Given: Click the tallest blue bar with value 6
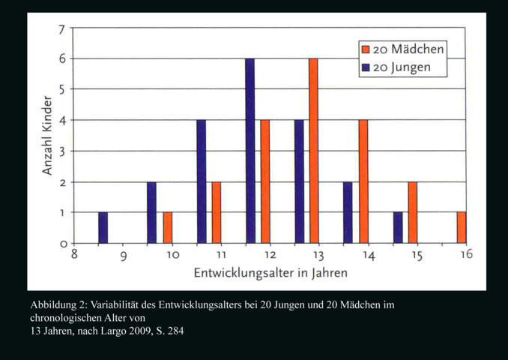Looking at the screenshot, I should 250,151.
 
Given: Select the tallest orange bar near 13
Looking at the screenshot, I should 313,151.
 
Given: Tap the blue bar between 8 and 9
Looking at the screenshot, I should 103,228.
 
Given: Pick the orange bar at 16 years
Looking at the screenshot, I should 461,228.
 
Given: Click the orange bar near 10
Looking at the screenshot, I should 167,228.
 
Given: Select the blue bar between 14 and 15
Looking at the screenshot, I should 398,228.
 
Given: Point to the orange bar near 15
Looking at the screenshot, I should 412,212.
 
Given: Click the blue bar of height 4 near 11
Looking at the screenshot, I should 201,181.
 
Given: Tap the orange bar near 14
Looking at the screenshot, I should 363,181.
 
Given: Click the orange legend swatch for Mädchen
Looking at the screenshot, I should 366,49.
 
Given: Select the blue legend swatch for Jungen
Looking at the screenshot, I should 366,67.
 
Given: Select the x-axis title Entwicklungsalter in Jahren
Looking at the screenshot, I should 270,272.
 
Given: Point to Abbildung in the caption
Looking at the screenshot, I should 54,305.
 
